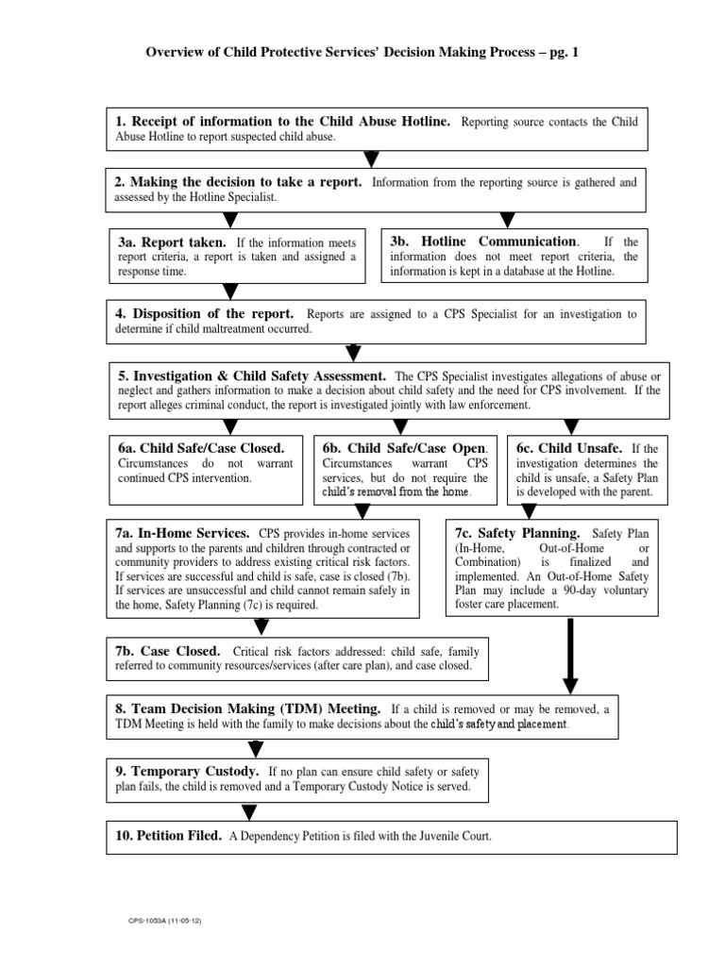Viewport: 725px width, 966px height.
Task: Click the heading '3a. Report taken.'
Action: (x=171, y=241)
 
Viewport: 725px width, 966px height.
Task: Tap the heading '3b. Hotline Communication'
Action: (x=483, y=241)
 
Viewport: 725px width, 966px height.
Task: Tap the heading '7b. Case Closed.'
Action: (x=168, y=651)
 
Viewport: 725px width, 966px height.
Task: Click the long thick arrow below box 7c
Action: (x=570, y=657)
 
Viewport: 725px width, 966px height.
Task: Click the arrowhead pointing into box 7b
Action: (x=261, y=625)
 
